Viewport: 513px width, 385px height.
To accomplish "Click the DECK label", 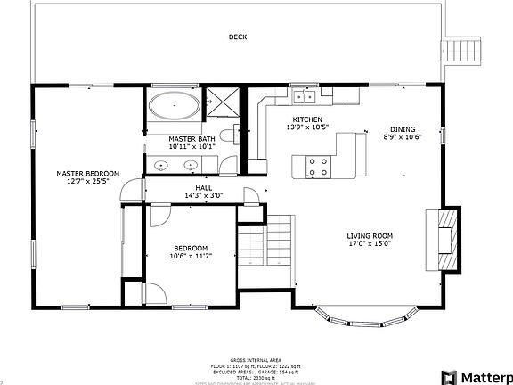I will tap(237, 37).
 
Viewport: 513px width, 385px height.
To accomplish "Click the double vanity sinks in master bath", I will tap(173, 165).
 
